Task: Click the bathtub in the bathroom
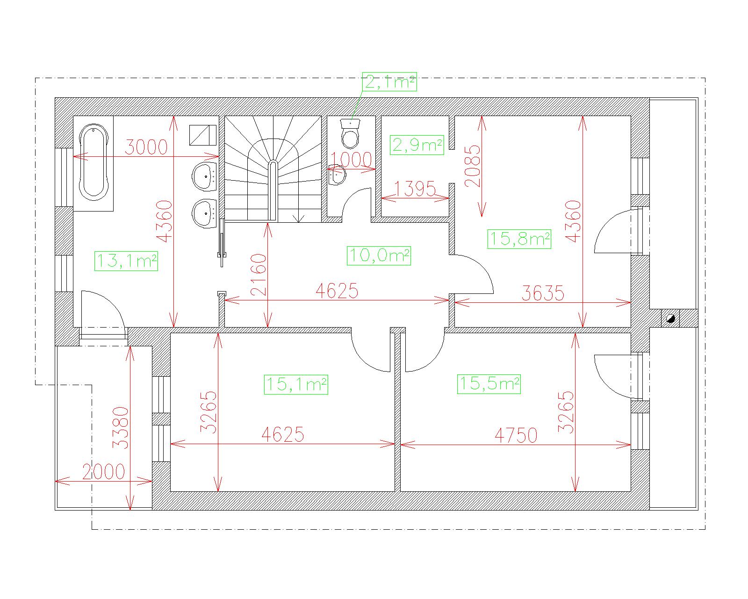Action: coord(93,162)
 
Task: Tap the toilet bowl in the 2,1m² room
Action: coord(350,134)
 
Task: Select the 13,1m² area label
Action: coord(126,261)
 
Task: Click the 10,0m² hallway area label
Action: coord(379,256)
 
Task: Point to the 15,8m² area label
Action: coord(519,239)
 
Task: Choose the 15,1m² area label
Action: coord(296,385)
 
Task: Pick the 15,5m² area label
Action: coord(489,384)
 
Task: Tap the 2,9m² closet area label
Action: coord(417,145)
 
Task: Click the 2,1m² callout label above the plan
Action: coord(389,82)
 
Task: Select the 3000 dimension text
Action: coord(146,147)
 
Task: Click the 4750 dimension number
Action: coord(516,435)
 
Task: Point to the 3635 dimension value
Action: coord(543,293)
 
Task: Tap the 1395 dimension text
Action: coord(415,189)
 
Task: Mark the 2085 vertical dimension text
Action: coord(473,166)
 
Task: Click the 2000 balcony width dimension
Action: coord(104,472)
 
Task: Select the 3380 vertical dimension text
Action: coord(121,428)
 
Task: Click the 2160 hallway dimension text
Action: coord(259,275)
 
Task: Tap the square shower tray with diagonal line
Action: coord(202,135)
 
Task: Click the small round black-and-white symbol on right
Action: coord(670,318)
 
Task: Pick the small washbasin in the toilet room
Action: coord(337,175)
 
